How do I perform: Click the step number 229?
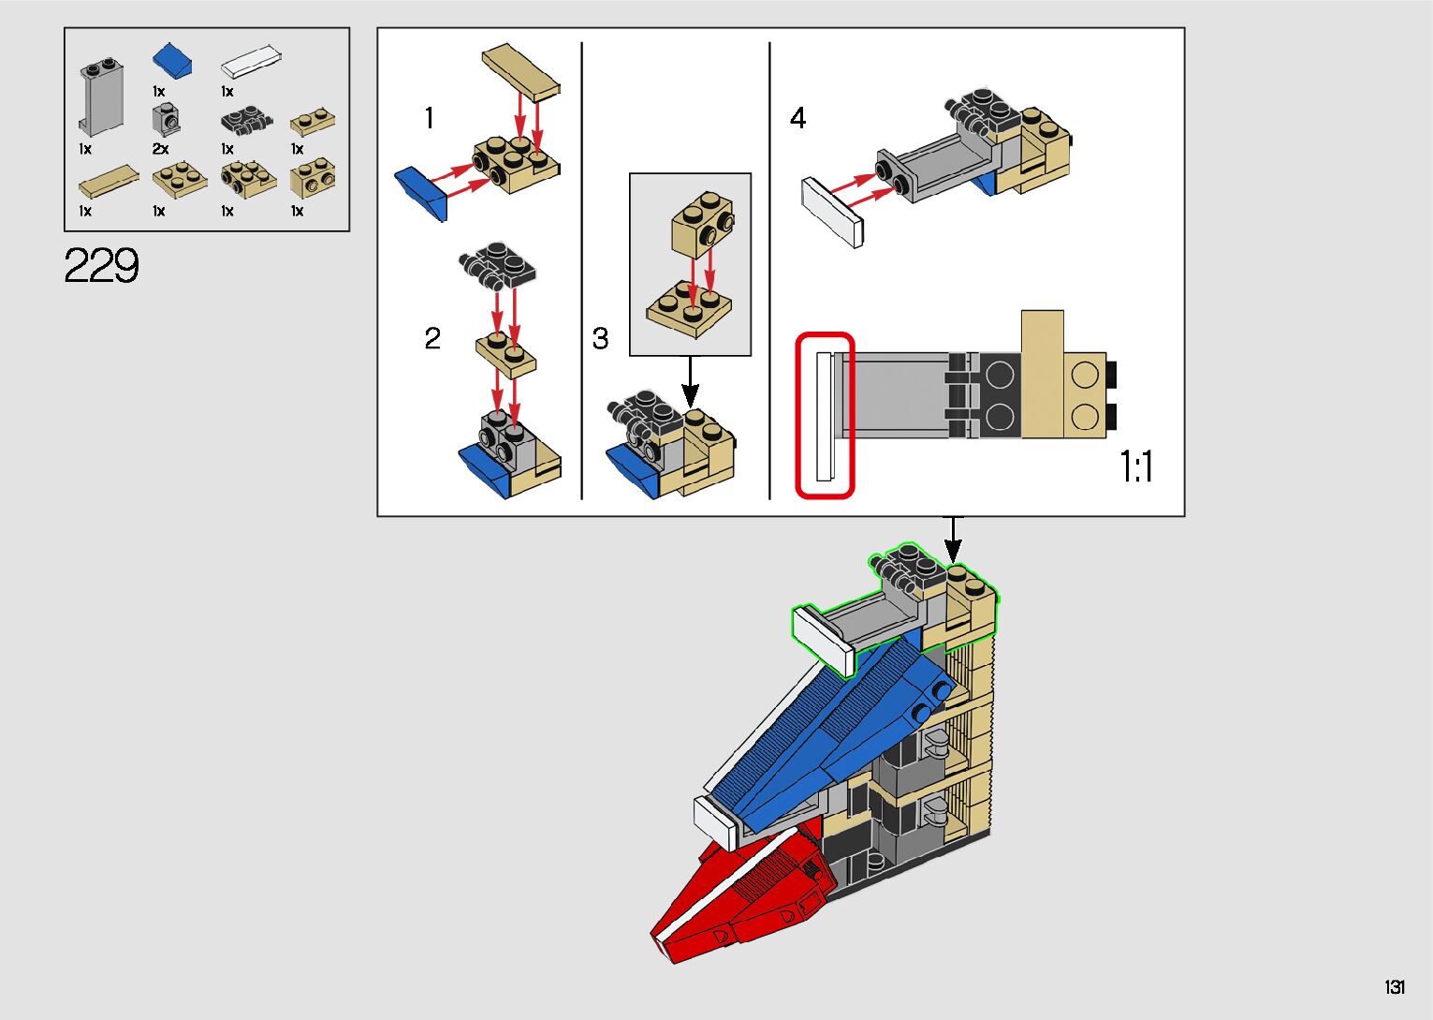pos(102,266)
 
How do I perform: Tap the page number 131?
pos(1395,987)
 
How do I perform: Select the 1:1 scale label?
pos(1136,466)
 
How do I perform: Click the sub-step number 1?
pos(429,118)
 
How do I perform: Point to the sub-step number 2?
pos(431,338)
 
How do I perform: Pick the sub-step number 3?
pos(600,338)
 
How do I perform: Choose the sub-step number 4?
pos(797,118)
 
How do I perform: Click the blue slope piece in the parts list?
pos(173,61)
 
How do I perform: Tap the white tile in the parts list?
pos(251,62)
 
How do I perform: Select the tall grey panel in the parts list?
pos(100,97)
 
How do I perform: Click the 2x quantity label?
pos(161,149)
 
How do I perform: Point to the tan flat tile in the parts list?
pos(109,181)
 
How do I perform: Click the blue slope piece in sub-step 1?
pos(422,192)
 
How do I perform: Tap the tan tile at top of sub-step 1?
pos(520,71)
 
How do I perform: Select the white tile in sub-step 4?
pos(832,212)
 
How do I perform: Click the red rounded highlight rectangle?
pos(825,415)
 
